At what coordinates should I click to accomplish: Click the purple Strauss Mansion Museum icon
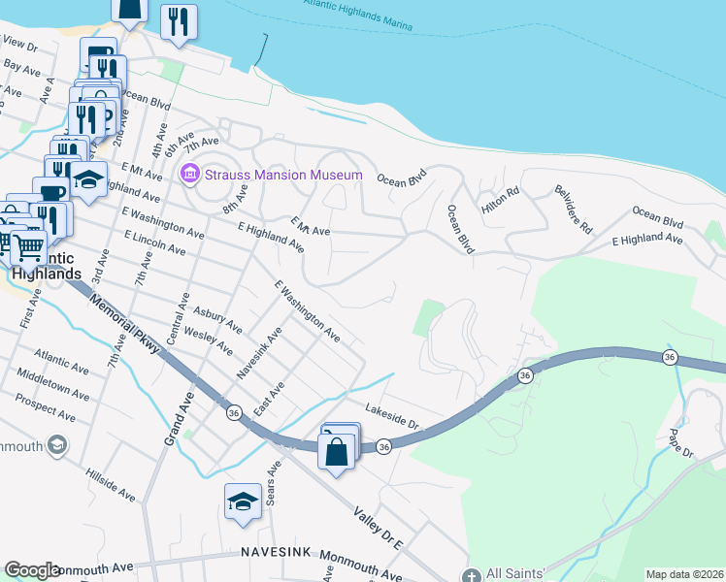[x=189, y=175]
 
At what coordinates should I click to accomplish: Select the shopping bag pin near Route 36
[x=336, y=454]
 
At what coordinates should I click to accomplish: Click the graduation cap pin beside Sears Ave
[x=243, y=502]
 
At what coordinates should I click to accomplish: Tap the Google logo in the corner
[x=32, y=570]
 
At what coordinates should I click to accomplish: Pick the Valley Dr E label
[x=378, y=528]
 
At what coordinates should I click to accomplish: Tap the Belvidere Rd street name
[x=573, y=210]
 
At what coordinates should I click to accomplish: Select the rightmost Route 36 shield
[x=669, y=357]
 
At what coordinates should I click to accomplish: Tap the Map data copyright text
[x=683, y=574]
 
